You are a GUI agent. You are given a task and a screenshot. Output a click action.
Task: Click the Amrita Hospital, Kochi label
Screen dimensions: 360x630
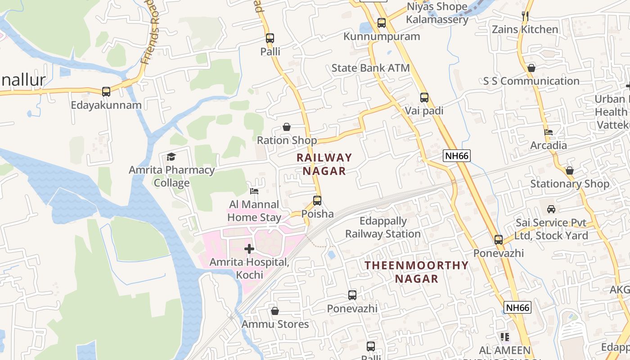click(249, 268)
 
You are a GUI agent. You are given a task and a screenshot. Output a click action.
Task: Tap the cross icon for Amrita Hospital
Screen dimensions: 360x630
click(249, 249)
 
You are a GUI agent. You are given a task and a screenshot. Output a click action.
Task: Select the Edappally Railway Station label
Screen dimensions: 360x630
click(382, 227)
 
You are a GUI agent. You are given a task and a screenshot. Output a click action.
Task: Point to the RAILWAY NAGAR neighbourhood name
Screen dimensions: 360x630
click(324, 164)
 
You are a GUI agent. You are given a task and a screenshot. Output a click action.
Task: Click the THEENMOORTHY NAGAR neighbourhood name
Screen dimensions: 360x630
click(417, 272)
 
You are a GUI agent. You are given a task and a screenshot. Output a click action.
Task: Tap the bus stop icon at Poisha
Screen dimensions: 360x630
click(317, 201)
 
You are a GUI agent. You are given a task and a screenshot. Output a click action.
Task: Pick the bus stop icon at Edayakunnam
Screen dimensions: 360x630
click(106, 92)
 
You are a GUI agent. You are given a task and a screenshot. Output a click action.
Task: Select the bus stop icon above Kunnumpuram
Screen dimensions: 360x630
click(382, 23)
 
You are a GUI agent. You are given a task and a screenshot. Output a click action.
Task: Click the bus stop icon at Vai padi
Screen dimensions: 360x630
click(424, 98)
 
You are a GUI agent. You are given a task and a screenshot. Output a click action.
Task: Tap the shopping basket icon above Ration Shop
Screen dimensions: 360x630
click(287, 127)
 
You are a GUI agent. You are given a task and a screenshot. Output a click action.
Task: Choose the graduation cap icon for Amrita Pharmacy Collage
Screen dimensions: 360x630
click(171, 157)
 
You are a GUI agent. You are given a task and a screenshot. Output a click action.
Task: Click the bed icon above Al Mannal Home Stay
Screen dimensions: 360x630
click(254, 191)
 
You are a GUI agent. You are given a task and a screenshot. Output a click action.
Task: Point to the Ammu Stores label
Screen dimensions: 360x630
click(275, 324)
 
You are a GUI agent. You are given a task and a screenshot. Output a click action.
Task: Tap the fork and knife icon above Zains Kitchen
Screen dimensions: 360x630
click(525, 16)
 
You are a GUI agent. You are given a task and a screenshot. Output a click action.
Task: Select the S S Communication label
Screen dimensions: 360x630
click(531, 81)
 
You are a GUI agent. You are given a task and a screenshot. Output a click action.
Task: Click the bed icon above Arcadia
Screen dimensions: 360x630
click(549, 132)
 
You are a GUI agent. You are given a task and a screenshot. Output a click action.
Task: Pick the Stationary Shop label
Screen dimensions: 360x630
click(570, 184)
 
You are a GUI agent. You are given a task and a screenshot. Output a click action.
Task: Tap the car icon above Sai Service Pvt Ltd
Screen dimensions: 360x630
click(551, 209)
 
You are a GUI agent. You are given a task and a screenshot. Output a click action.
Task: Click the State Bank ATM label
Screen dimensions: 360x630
click(370, 68)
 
